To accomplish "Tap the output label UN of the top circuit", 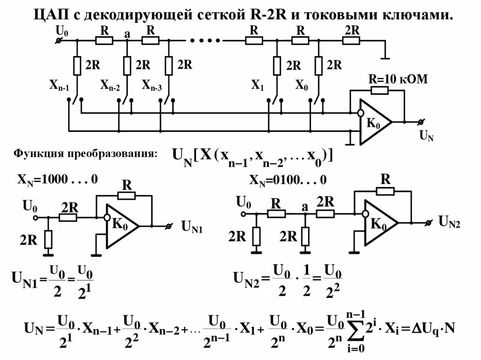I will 427,137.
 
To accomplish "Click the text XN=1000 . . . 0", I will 57,179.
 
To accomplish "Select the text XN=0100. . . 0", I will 287,180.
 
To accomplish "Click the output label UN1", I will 192,228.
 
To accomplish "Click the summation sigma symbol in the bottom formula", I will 356,331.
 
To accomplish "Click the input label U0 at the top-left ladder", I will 62,31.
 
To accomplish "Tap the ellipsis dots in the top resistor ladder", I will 202,40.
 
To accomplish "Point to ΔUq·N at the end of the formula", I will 430,327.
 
